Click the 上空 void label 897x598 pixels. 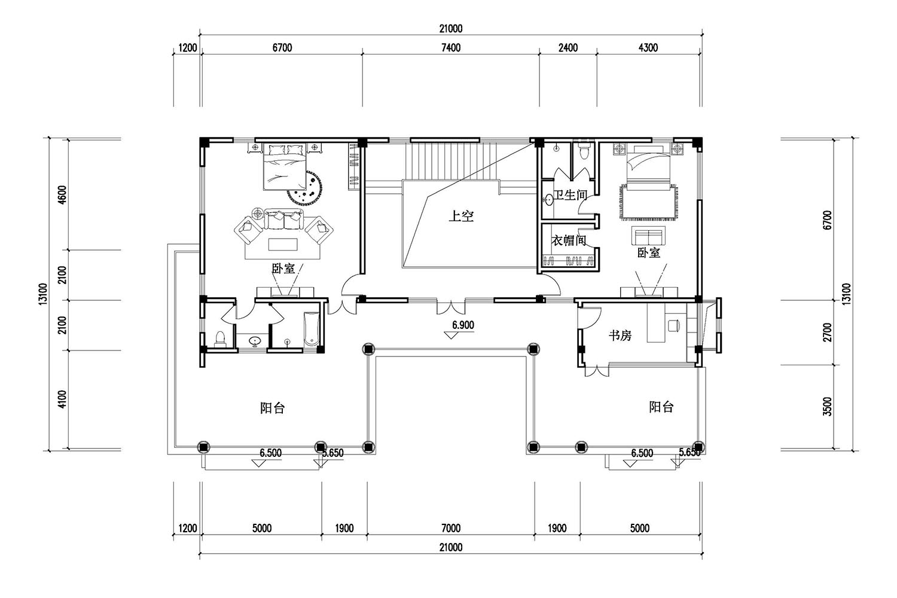(461, 216)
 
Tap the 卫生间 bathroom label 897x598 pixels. (570, 195)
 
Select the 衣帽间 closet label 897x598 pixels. (569, 240)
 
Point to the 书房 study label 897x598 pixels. (620, 335)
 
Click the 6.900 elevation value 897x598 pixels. (463, 325)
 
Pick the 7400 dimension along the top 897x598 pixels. (451, 48)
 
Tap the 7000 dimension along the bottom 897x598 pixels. (451, 528)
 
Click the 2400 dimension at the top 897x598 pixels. (568, 48)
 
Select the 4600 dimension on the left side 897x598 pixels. (62, 195)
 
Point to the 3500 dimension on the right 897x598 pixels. (827, 406)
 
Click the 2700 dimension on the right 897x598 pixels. (827, 332)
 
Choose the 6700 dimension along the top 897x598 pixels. (282, 48)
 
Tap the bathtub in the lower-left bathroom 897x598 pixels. (311, 329)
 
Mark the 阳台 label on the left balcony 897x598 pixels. (272, 408)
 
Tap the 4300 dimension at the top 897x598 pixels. (648, 48)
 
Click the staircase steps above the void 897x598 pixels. (451, 162)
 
